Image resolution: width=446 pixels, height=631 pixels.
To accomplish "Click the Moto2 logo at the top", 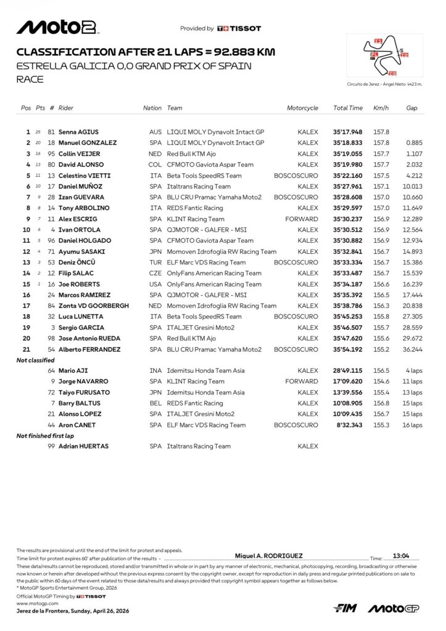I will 56,27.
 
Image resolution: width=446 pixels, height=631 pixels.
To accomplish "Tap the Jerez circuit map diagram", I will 384,56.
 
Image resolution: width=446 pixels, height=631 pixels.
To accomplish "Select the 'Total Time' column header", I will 348,108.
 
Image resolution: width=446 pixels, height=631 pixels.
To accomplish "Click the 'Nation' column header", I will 152,108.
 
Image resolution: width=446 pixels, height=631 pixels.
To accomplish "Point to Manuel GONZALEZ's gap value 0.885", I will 413,143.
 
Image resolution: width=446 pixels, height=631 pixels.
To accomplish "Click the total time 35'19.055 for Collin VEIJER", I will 348,154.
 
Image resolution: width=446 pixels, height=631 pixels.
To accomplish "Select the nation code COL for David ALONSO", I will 155,165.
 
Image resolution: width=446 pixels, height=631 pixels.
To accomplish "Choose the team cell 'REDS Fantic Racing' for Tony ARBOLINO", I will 195,208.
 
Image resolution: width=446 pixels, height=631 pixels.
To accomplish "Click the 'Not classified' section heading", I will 35,360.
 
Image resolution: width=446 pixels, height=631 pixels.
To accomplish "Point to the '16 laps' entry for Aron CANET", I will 413,425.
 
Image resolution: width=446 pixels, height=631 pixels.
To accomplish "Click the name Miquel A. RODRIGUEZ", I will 269,555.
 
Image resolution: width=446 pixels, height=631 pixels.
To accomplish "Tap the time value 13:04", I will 401,555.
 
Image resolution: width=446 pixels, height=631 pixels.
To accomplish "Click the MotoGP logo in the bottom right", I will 394,608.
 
